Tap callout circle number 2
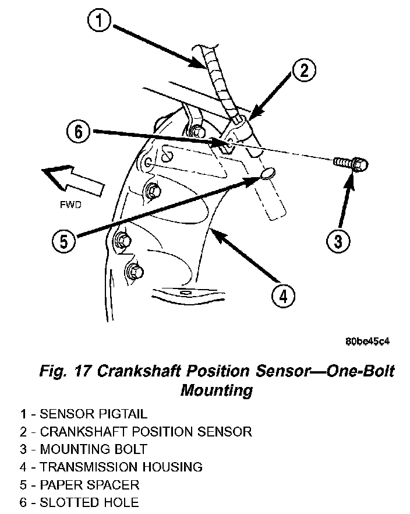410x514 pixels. click(303, 72)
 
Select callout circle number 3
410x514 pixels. click(337, 240)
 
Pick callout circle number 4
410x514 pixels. click(282, 296)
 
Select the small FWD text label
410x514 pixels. click(70, 205)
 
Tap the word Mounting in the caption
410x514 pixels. click(216, 389)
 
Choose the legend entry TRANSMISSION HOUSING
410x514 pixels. click(111, 467)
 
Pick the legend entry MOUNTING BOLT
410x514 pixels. click(83, 449)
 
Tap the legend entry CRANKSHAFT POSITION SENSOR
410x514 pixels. click(136, 432)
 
